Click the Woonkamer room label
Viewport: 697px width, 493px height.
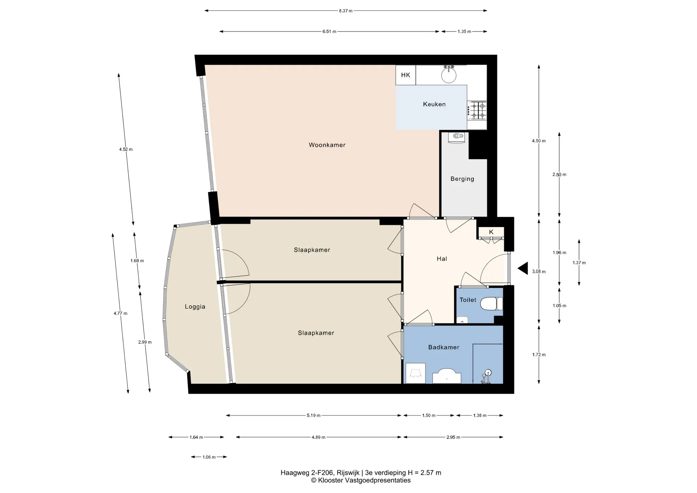[x=327, y=145]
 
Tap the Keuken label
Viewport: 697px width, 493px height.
[x=434, y=104]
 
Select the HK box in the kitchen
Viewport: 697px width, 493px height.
[x=405, y=75]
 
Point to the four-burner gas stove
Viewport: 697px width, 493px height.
[x=477, y=110]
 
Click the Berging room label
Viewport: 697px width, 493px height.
[x=462, y=179]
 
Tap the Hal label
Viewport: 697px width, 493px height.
[x=442, y=259]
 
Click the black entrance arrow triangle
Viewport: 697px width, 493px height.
[x=523, y=269]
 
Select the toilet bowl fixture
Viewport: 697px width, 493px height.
[x=492, y=304]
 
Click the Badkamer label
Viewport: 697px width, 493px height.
[x=444, y=347]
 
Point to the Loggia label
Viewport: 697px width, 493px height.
[x=195, y=307]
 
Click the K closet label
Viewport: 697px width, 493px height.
[x=491, y=232]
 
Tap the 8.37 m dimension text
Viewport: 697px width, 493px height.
[x=346, y=11]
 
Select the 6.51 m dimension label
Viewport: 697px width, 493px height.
[x=329, y=32]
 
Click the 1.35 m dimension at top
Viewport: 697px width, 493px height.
[x=464, y=32]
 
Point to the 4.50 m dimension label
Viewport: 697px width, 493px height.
[x=539, y=141]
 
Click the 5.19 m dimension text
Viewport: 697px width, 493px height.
[x=314, y=415]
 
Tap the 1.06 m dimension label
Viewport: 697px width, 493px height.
[x=209, y=457]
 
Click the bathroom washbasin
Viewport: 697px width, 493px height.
[x=447, y=376]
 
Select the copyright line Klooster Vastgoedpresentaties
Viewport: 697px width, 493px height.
[x=361, y=480]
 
